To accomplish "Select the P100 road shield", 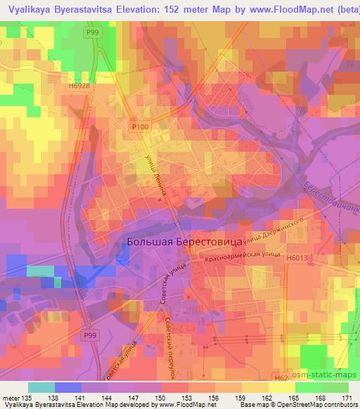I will point(141,126).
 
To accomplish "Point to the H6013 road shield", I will point(297,258).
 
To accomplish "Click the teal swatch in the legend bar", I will point(41,387).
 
